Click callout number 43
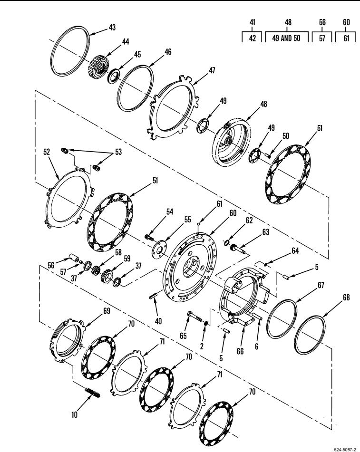pyautogui.click(x=112, y=28)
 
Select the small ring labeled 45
pyautogui.click(x=114, y=76)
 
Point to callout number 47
pyautogui.click(x=212, y=70)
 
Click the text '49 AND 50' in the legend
pyautogui.click(x=286, y=38)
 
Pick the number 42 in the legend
pyautogui.click(x=253, y=38)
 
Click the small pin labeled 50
pyautogui.click(x=267, y=156)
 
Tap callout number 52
pyautogui.click(x=47, y=152)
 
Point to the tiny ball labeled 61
pyautogui.click(x=199, y=223)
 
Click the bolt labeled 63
pyautogui.click(x=238, y=249)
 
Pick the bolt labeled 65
pyautogui.click(x=195, y=317)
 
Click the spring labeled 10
pyautogui.click(x=93, y=392)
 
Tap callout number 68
pyautogui.click(x=346, y=297)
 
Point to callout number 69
pyautogui.click(x=107, y=311)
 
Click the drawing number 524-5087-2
pyautogui.click(x=345, y=449)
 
